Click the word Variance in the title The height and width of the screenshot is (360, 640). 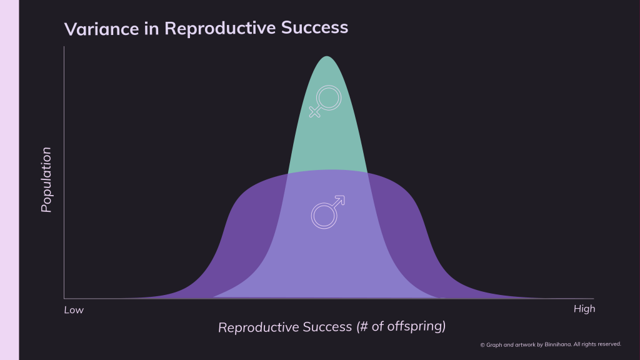tap(102, 29)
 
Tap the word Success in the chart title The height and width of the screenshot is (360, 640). tap(315, 27)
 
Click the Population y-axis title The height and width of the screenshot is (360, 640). tap(46, 179)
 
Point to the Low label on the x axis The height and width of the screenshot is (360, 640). tap(74, 310)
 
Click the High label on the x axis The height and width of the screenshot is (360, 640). tap(584, 309)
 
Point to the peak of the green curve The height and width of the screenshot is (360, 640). tap(327, 56)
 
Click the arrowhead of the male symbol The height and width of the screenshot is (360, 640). tap(341, 200)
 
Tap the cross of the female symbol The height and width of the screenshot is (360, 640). tap(314, 112)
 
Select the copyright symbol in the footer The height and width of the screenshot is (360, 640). tap(482, 345)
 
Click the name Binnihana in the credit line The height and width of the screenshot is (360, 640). tap(557, 344)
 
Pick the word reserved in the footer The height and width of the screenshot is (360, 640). tap(607, 344)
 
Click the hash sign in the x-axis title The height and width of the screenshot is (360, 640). tap(363, 326)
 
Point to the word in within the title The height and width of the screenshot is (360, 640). tap(151, 29)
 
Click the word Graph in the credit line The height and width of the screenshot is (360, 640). tap(494, 345)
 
